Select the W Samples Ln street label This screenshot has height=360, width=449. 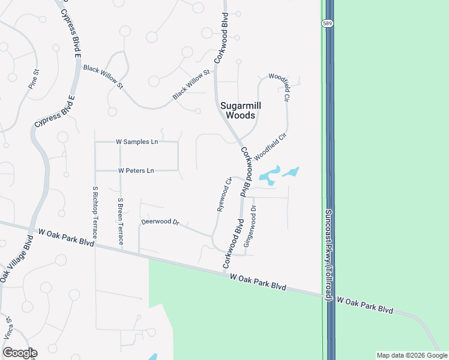(x=137, y=142)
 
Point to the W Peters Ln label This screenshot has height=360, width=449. (x=136, y=171)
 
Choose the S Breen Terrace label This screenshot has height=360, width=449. (x=121, y=221)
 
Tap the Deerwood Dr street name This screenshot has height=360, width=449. (x=160, y=222)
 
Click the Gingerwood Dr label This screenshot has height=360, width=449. (x=249, y=226)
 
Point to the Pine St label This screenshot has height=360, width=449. (x=34, y=79)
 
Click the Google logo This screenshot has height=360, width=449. (x=19, y=353)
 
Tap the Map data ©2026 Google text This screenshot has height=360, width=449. (x=412, y=355)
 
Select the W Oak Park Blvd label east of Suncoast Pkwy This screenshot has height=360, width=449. (x=364, y=305)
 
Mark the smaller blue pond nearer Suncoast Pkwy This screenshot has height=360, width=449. (x=291, y=173)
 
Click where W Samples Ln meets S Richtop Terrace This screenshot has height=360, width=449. (x=95, y=142)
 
